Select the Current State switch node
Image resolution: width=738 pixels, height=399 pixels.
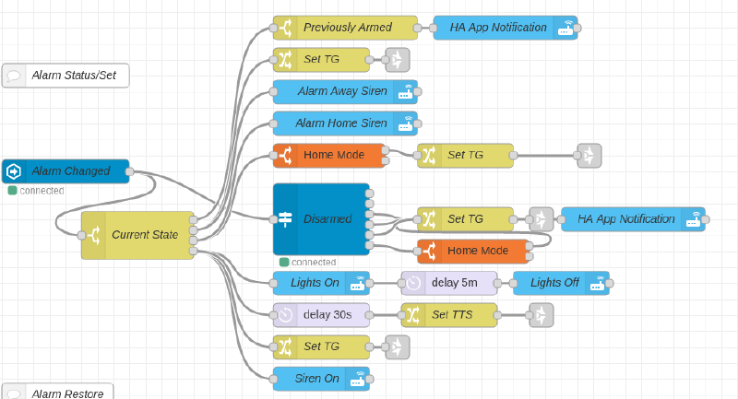coord(137,235)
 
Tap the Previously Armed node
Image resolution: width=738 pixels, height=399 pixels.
coord(345,28)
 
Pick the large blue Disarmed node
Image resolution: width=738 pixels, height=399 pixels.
coord(320,219)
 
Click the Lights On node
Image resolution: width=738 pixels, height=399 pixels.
coord(321,283)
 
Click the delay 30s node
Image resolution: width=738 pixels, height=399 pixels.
coord(321,314)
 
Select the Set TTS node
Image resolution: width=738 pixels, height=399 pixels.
coord(449,314)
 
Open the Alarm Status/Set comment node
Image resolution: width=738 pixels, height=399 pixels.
coord(65,76)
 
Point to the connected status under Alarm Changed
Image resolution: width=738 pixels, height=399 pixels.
coord(37,191)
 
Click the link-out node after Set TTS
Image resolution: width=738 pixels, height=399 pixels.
coord(542,314)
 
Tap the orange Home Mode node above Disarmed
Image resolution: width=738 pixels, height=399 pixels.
coord(329,155)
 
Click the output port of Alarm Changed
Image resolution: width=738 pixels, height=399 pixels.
coord(130,171)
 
